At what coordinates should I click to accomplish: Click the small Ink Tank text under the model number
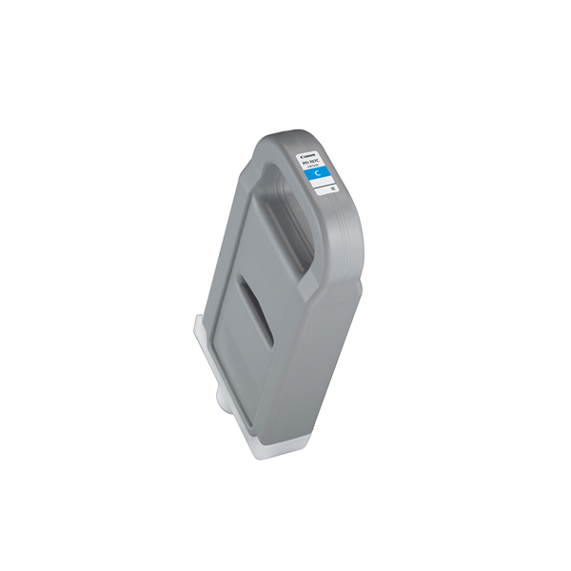(317, 163)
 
